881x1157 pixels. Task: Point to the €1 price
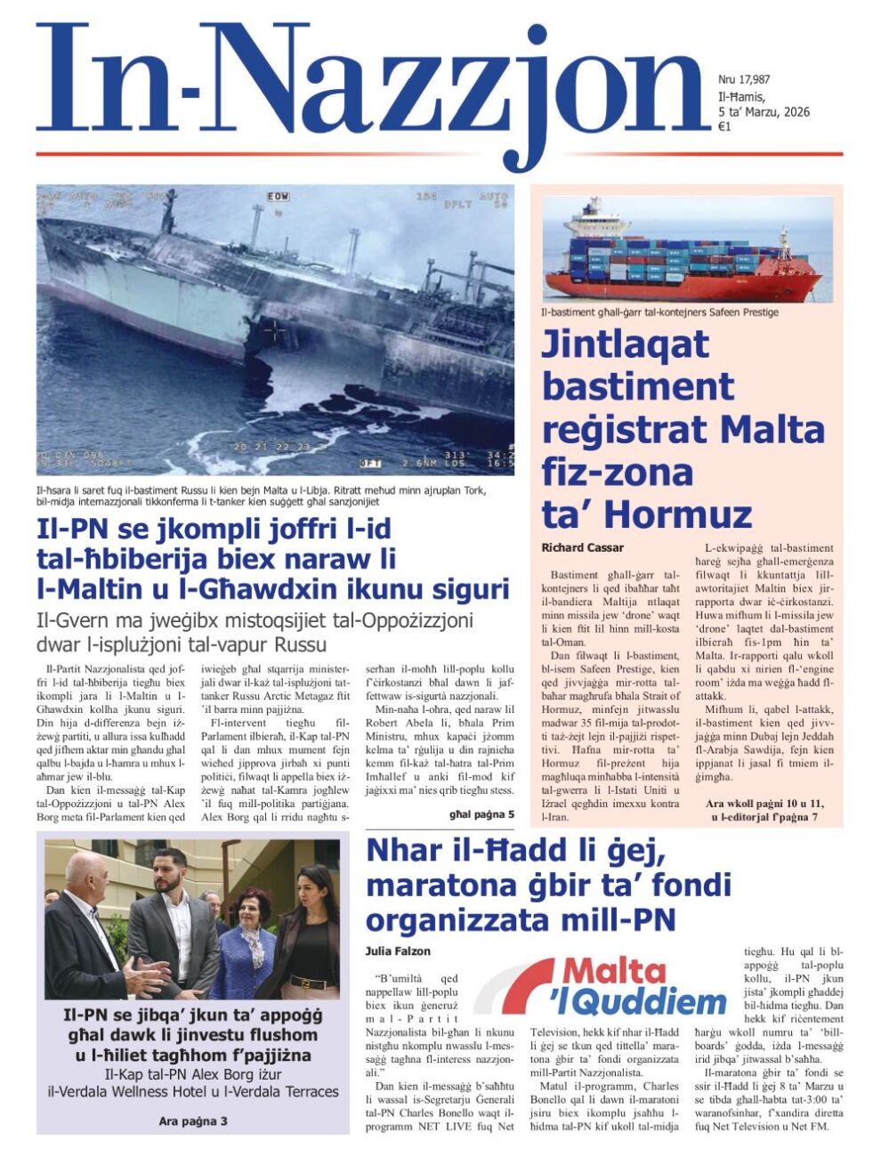[x=724, y=126]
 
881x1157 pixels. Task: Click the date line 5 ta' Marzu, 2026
[x=764, y=111]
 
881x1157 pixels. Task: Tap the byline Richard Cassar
[x=582, y=547]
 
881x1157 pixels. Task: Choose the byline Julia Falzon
[x=398, y=951]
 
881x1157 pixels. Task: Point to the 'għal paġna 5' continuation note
[x=481, y=813]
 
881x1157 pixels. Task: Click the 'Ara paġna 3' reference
[x=192, y=1121]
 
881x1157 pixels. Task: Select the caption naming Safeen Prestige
[x=659, y=312]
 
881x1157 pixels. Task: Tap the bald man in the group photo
[x=85, y=917]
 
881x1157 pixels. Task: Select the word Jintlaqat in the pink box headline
[x=625, y=344]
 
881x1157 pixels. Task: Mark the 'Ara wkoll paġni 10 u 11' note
[x=764, y=804]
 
